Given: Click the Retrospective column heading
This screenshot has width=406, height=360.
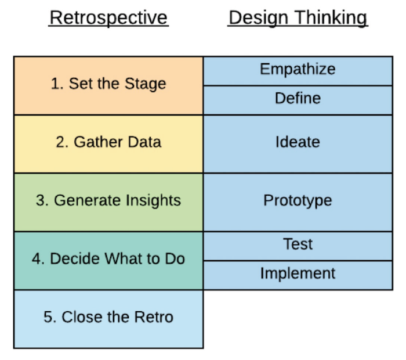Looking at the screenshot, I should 108,18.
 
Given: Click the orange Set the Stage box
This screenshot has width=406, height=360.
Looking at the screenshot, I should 108,85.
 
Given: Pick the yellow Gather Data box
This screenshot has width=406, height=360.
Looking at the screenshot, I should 108,143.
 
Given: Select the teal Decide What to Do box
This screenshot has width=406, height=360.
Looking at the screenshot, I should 108,260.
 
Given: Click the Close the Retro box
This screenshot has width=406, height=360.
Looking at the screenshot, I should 108,318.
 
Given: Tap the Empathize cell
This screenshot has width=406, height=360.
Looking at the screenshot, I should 298,70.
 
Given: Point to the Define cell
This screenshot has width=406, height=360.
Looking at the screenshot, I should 298,99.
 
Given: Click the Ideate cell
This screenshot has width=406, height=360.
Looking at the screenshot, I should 298,143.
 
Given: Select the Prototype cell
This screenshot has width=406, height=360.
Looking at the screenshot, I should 298,201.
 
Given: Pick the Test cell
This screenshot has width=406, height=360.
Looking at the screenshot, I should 298,244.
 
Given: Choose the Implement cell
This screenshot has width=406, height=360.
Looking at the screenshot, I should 298,274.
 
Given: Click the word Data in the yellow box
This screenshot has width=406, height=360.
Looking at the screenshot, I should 146,143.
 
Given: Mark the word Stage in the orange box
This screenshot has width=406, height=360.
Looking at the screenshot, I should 147,85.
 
